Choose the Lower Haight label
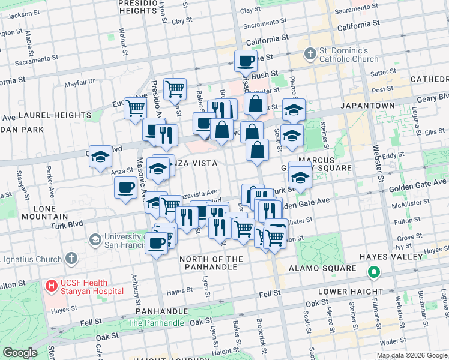tap(345, 292)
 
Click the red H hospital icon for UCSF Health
tap(52, 286)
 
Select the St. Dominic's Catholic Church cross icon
tap(310, 55)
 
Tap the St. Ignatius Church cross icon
tap(71, 259)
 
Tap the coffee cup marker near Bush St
tap(246, 61)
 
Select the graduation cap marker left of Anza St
tap(100, 157)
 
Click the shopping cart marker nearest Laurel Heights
tap(136, 108)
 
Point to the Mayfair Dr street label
tap(79, 83)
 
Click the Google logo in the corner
tap(20, 353)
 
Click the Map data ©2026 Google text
tap(412, 355)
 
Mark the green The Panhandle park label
tap(156, 323)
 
